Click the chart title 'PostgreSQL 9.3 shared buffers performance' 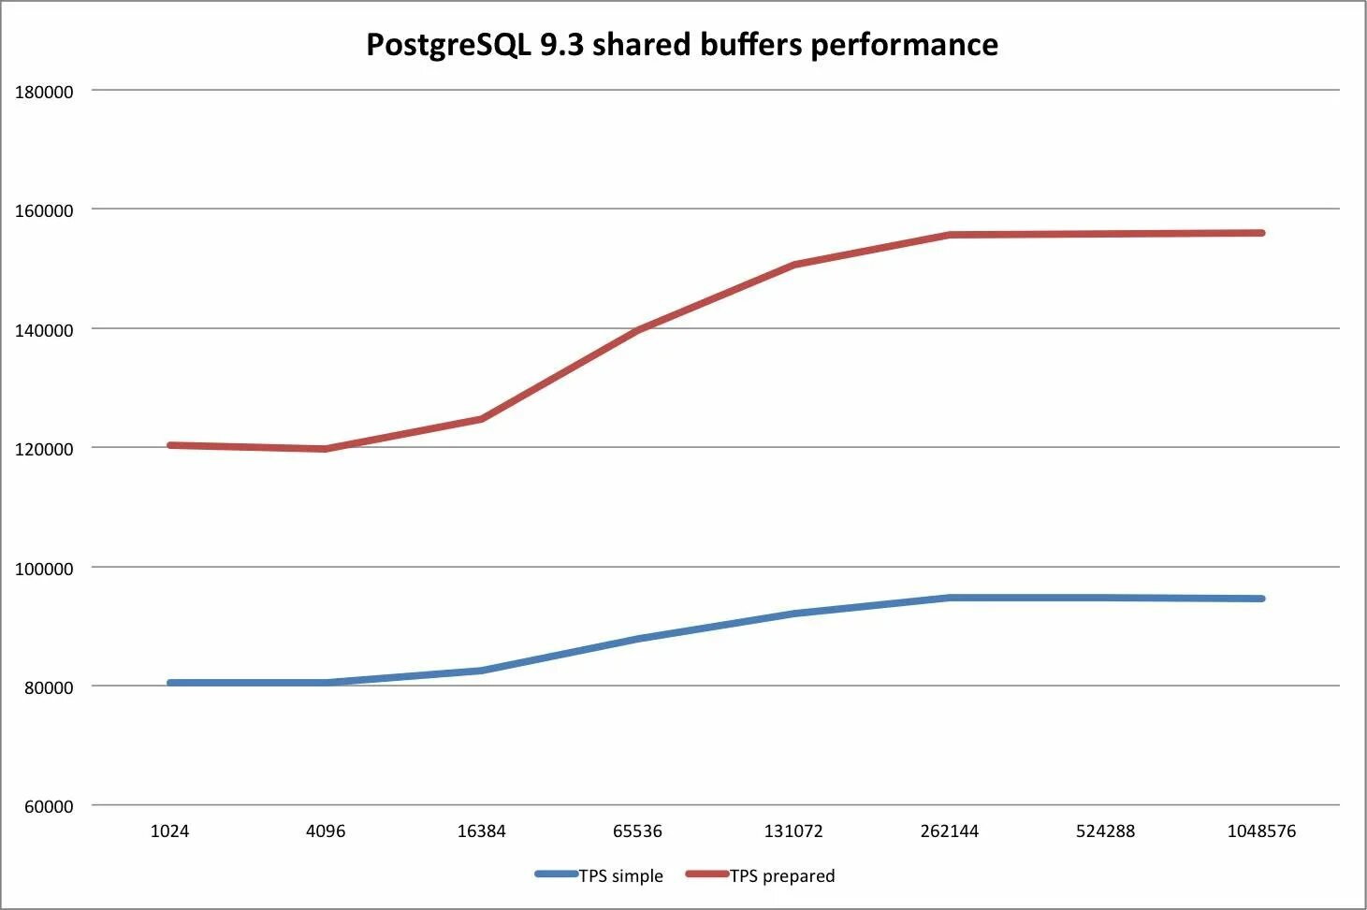(681, 44)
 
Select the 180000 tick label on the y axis (44, 92)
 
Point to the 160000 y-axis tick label (44, 210)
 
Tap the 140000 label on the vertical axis (44, 330)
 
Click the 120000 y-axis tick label (44, 449)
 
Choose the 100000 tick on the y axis (44, 569)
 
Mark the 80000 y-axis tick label (49, 687)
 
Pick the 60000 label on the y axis (49, 806)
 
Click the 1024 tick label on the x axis (169, 831)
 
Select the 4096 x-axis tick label (326, 831)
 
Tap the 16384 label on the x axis (481, 831)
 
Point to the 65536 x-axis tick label (637, 831)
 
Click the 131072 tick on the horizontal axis (793, 831)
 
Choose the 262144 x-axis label (950, 831)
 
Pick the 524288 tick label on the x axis (1105, 831)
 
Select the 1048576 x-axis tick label (1261, 831)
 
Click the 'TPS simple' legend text (621, 876)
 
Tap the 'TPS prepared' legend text (782, 876)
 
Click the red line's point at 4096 (326, 449)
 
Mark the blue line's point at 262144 (950, 598)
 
